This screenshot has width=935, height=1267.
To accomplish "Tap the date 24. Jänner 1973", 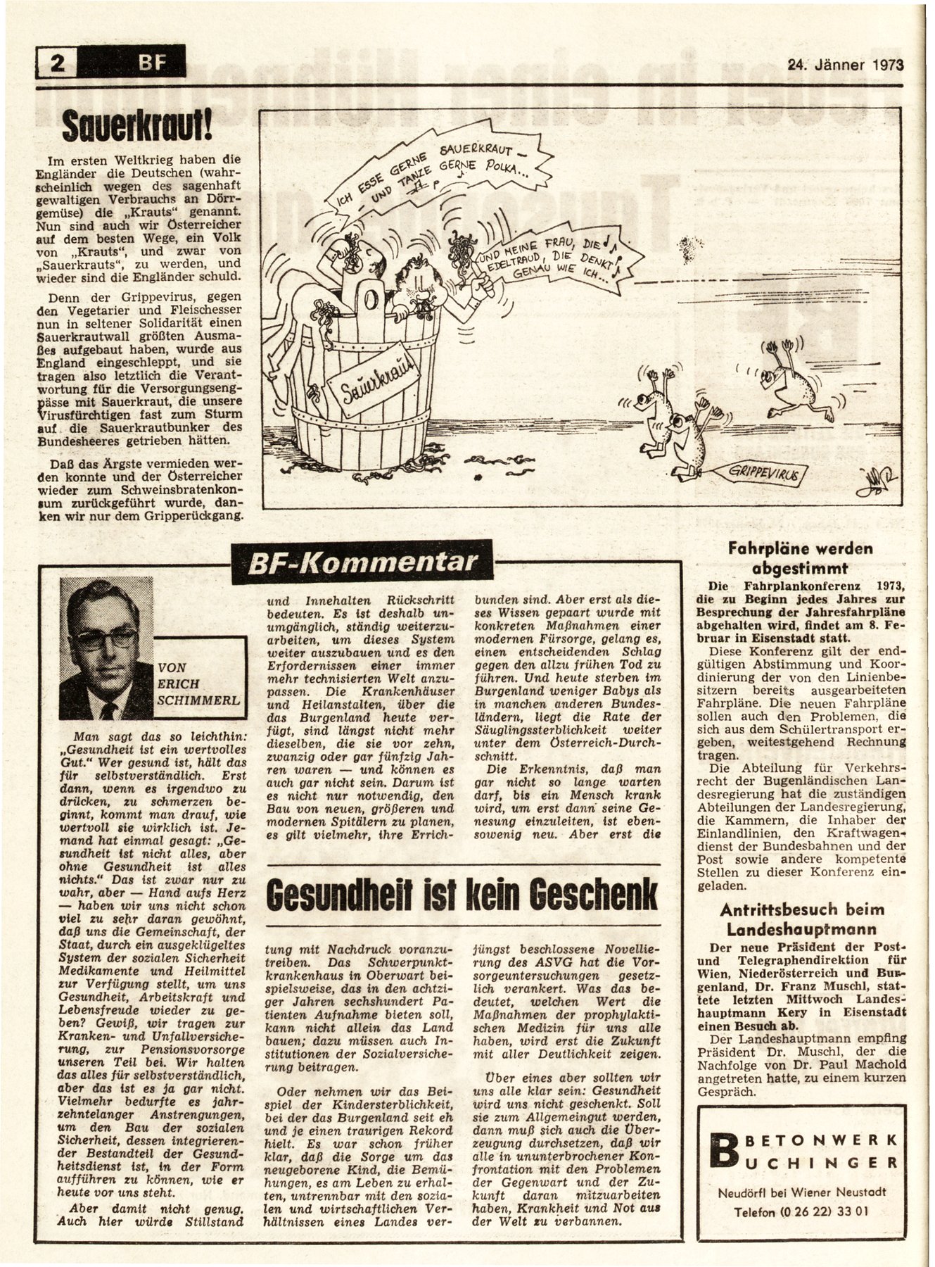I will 844,65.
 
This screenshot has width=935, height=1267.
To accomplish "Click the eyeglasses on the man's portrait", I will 106,638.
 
